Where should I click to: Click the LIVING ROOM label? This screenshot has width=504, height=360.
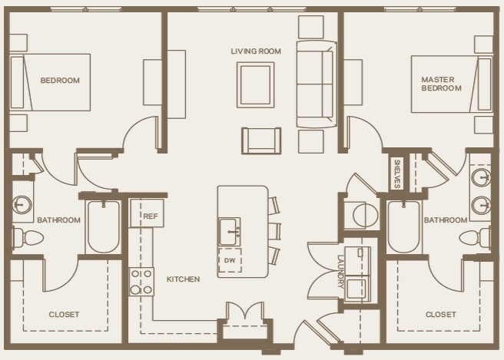pyautogui.click(x=256, y=51)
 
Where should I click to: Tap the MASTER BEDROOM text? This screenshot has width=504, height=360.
pyautogui.click(x=441, y=84)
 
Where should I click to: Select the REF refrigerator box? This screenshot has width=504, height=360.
pyautogui.click(x=147, y=213)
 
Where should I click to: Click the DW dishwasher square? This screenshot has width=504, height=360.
pyautogui.click(x=230, y=260)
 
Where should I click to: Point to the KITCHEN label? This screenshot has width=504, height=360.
pyautogui.click(x=183, y=279)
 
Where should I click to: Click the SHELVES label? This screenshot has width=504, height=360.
pyautogui.click(x=396, y=173)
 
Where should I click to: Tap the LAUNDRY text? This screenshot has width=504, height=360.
pyautogui.click(x=340, y=272)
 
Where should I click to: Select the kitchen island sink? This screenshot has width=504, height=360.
pyautogui.click(x=230, y=232)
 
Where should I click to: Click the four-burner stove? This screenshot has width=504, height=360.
pyautogui.click(x=141, y=282)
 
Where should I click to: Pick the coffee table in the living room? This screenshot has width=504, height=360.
pyautogui.click(x=256, y=84)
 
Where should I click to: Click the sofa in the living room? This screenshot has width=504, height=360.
pyautogui.click(x=317, y=84)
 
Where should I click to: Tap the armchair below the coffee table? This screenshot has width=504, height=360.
pyautogui.click(x=261, y=140)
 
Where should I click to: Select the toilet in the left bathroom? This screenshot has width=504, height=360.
pyautogui.click(x=28, y=238)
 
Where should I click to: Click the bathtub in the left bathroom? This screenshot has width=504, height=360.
pyautogui.click(x=103, y=226)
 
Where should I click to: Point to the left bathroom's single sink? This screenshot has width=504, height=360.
pyautogui.click(x=22, y=204)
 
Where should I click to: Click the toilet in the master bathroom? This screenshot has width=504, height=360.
pyautogui.click(x=476, y=238)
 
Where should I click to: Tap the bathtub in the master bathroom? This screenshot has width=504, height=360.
pyautogui.click(x=403, y=226)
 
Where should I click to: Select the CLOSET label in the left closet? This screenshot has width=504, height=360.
pyautogui.click(x=64, y=315)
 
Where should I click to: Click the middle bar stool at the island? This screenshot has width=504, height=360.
pyautogui.click(x=274, y=231)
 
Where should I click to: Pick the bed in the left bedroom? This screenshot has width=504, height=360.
pyautogui.click(x=51, y=83)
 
